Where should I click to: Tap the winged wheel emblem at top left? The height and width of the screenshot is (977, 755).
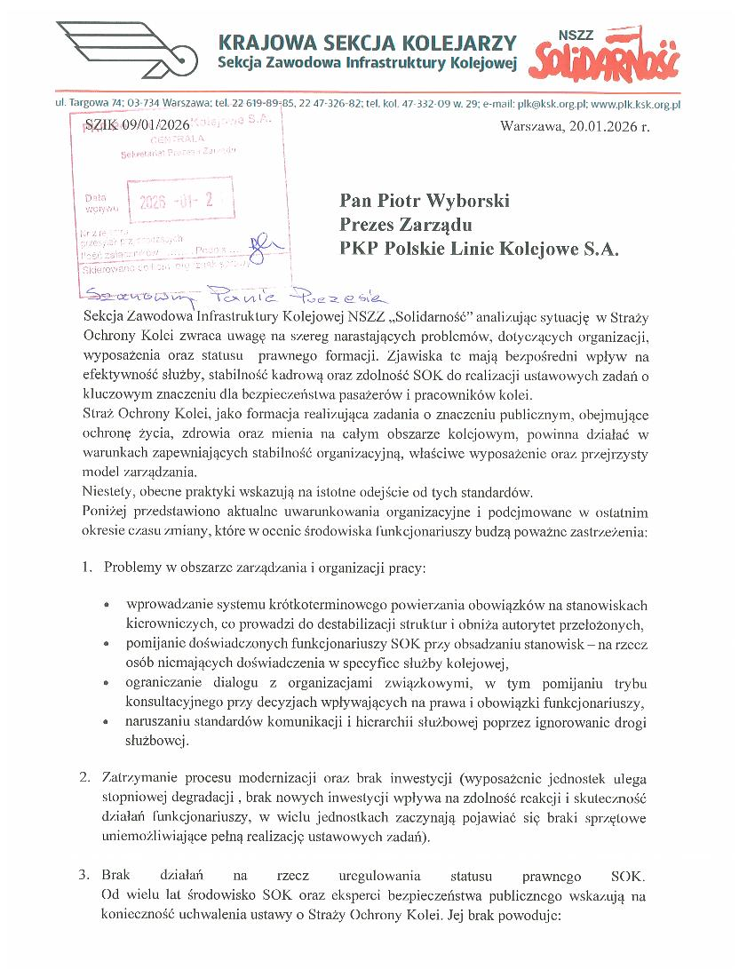coord(124,52)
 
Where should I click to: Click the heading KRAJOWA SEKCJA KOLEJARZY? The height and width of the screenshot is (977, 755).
coord(367,43)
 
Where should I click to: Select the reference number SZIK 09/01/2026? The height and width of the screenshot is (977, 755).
coord(137,126)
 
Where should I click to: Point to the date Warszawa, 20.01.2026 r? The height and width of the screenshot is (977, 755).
coord(575,126)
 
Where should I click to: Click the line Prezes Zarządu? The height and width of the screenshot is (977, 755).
coord(405,225)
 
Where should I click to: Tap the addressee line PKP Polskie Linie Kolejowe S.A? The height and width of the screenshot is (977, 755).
coord(478,249)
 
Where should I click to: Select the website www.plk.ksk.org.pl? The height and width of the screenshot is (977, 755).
coord(635,104)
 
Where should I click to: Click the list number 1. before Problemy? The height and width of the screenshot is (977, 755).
coord(87,567)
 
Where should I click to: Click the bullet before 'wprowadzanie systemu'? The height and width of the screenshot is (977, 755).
coord(107,606)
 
